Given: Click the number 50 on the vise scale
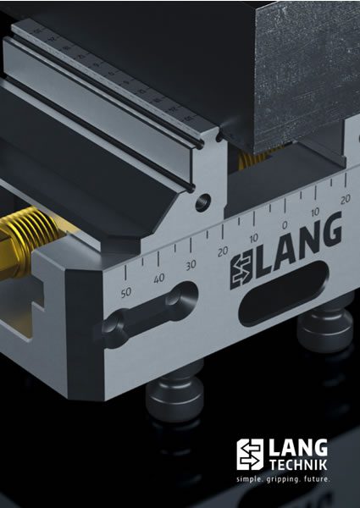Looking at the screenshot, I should tap(127, 293).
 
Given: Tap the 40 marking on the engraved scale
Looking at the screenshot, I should tap(158, 279).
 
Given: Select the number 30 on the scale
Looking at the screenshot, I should tap(191, 265).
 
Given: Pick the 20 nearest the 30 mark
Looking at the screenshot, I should tap(222, 252).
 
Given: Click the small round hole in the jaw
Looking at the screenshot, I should tap(202, 204).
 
